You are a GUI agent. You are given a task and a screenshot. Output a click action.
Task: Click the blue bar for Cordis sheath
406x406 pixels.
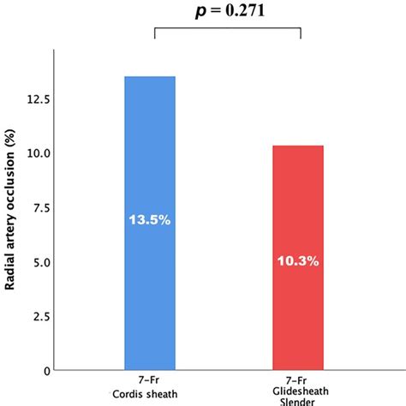point(150,283)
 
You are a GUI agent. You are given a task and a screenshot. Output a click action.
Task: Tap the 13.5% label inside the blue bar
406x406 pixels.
point(150,220)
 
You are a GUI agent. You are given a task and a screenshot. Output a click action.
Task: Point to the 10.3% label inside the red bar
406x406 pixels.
point(298,260)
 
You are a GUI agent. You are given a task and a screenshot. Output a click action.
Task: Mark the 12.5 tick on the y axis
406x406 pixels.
point(37,99)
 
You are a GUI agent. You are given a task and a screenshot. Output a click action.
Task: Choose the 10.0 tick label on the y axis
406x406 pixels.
point(37,152)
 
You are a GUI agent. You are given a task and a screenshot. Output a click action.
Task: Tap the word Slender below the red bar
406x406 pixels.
point(299,403)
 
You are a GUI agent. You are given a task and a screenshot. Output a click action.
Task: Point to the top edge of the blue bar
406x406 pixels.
point(150,77)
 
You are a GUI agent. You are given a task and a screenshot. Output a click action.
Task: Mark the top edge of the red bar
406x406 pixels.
point(298,146)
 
